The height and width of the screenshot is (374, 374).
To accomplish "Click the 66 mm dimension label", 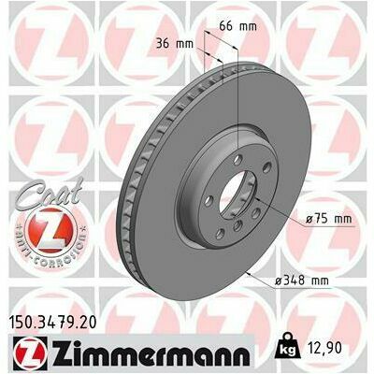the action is click(x=238, y=26).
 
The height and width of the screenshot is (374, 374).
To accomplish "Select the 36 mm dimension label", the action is click(x=175, y=44).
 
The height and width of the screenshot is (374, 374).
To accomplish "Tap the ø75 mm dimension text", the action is click(x=328, y=219).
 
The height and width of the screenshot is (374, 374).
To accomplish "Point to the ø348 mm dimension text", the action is click(x=302, y=280).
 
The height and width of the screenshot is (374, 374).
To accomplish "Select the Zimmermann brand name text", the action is click(x=151, y=352).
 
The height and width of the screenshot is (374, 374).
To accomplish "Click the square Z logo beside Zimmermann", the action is click(x=30, y=352).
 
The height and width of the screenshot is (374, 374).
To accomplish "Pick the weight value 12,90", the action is click(x=324, y=348).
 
